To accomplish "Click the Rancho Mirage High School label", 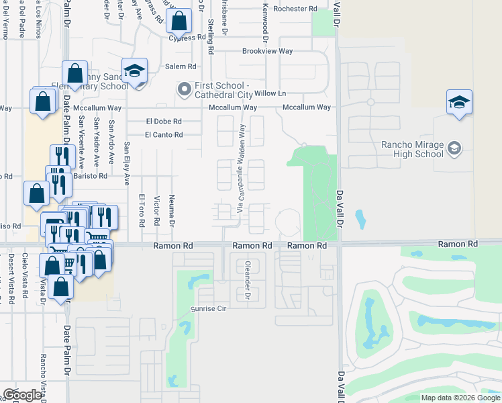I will (412, 148).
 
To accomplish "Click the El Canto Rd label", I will (164, 135).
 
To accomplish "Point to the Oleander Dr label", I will (248, 280).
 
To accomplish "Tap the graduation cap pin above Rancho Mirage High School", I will (459, 103).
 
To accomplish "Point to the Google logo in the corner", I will (22, 395).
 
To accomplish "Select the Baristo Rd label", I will (90, 176).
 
